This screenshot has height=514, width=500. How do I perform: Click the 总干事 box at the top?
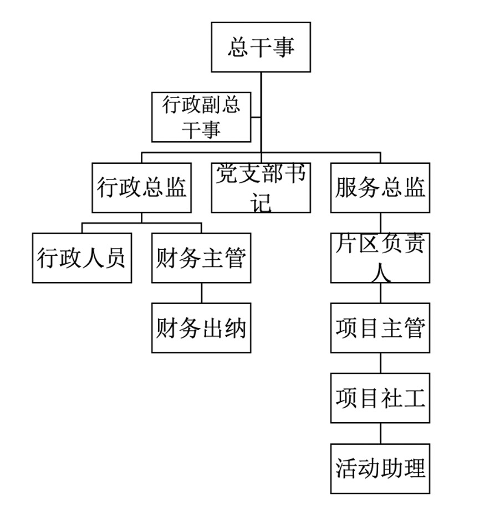click(261, 47)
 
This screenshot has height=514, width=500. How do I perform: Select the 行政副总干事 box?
click(201, 117)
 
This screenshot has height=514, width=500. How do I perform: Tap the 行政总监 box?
click(141, 188)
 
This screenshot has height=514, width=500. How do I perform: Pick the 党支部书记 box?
click(261, 188)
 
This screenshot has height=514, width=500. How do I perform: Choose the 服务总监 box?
click(380, 188)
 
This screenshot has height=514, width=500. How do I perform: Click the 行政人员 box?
click(82, 258)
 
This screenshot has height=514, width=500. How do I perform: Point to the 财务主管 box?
click(201, 258)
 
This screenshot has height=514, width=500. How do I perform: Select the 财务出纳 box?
click(201, 328)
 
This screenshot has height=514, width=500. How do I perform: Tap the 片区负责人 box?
click(380, 258)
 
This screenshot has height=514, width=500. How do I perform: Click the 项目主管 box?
click(380, 328)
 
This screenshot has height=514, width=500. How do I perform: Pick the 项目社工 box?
click(380, 398)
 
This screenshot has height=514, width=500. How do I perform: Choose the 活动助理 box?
click(380, 468)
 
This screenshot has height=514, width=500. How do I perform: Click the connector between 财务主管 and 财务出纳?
click(201, 293)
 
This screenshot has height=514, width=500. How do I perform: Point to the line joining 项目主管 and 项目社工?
click(380, 363)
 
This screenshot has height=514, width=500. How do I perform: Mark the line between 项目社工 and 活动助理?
click(380, 433)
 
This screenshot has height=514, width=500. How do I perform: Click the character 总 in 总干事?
click(238, 47)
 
